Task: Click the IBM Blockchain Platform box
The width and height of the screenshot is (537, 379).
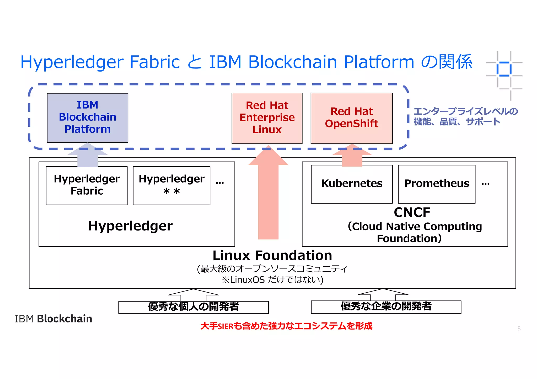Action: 87,118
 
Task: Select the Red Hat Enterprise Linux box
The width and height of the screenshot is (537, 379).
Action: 267,118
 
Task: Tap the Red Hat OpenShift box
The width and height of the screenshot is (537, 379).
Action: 351,118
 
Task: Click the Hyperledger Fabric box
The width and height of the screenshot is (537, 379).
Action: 87,185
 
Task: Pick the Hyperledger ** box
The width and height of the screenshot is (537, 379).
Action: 171,185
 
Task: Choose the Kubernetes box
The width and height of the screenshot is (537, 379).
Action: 352,184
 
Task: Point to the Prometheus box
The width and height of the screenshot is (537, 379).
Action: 437,184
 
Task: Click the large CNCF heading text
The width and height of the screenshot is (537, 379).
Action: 412,212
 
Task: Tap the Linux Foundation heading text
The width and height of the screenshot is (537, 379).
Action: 272,255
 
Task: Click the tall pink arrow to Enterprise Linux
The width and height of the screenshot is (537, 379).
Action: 268,199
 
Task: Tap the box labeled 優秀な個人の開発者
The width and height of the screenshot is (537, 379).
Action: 194,307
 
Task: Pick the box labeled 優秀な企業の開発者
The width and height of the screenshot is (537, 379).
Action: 386,307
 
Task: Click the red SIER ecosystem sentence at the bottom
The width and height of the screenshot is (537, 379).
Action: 286,326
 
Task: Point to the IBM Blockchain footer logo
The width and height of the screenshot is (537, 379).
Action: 53,319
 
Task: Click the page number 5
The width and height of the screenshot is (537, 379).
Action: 519,329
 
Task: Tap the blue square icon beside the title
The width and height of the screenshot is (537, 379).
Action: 504,69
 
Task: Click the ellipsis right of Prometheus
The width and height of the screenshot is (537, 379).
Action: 485,184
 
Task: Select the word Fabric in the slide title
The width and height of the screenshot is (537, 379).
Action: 155,62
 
